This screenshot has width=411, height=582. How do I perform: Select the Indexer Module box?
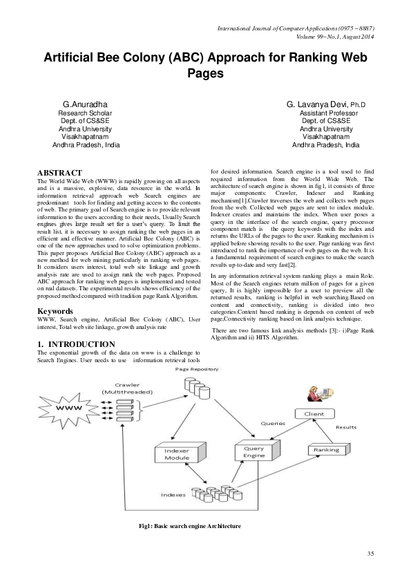coord(177,453)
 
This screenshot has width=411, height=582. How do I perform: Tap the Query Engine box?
coord(254,451)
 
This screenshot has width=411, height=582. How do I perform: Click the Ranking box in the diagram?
coord(327,450)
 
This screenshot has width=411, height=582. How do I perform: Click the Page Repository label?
coord(197,369)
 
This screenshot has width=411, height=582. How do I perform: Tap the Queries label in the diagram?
coord(273,422)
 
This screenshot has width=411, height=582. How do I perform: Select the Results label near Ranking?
coord(346,427)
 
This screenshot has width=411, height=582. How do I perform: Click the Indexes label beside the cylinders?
coord(173,495)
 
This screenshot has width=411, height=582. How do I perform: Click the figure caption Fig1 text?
coord(189,526)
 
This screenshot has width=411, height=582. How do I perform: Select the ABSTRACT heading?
coord(59,172)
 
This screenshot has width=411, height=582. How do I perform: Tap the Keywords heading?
coord(55,311)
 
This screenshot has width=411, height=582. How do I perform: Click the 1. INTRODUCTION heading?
coord(76,344)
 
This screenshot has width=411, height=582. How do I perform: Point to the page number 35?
coord(370,554)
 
